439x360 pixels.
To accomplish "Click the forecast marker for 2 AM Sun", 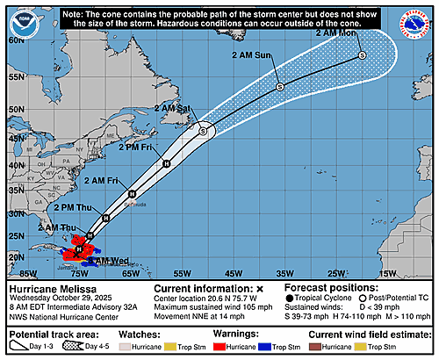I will click(279, 87).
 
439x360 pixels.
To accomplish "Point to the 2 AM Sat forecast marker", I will click(203, 131).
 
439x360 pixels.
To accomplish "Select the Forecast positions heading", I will click(328, 288).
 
